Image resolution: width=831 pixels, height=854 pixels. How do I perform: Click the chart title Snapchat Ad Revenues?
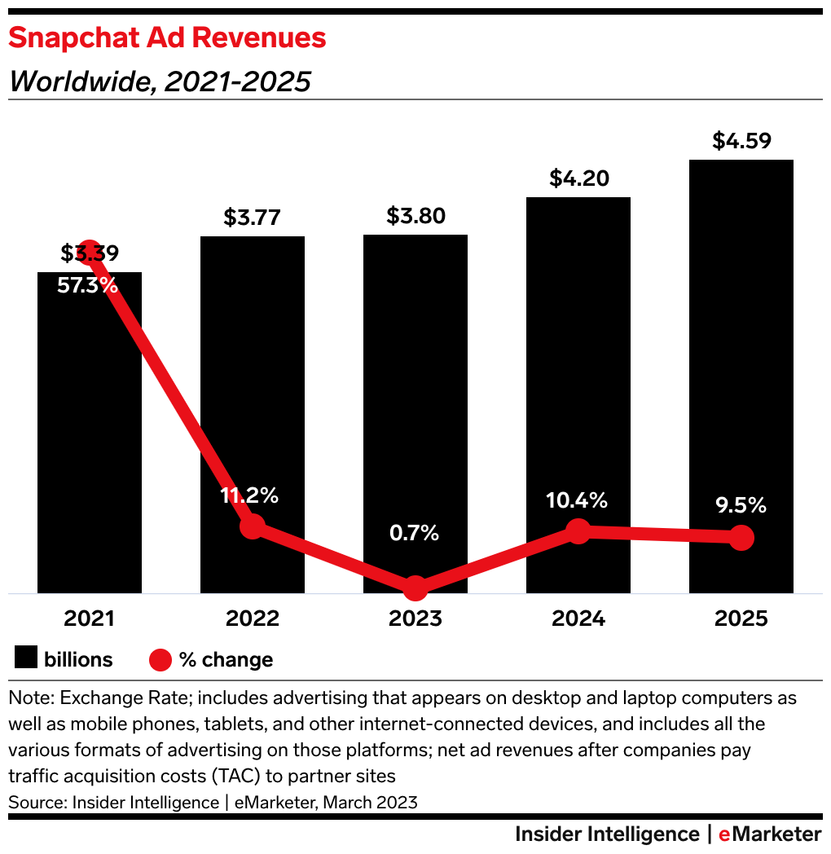167,37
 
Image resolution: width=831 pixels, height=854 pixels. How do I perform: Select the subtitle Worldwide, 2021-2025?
160,81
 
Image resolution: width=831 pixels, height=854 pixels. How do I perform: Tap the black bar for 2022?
253,391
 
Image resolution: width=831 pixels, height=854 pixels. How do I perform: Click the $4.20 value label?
578,178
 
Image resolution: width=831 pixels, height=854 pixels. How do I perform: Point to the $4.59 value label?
741,140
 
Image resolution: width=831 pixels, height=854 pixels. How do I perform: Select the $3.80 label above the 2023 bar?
415,216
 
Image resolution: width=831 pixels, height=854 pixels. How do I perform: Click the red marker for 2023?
415,588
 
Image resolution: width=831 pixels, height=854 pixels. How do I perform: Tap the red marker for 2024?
578,531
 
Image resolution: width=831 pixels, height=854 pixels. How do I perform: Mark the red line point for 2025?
741,537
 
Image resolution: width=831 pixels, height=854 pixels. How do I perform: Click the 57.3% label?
88,285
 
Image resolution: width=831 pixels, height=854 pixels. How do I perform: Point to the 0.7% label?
414,533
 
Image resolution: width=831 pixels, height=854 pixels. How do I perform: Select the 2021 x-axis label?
90,618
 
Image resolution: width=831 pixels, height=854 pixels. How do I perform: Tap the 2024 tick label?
578,618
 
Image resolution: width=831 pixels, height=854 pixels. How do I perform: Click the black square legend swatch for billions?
26,658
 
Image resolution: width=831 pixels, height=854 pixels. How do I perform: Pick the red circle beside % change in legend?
160,659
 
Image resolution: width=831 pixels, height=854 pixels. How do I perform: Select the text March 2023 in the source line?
370,802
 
